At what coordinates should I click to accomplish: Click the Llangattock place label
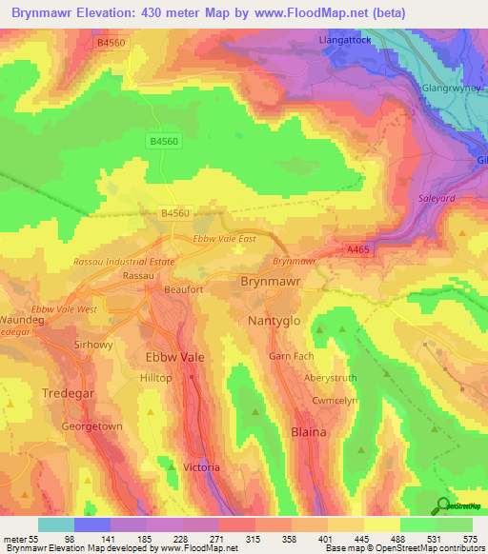(x=348, y=41)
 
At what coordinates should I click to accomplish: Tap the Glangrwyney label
(x=453, y=87)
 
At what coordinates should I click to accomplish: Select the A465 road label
(x=357, y=249)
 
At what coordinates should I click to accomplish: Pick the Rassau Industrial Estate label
(x=124, y=261)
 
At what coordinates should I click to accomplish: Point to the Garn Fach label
(x=291, y=356)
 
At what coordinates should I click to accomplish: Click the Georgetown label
(x=91, y=426)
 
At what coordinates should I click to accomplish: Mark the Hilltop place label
(x=155, y=378)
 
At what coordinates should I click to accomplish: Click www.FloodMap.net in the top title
(x=302, y=13)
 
